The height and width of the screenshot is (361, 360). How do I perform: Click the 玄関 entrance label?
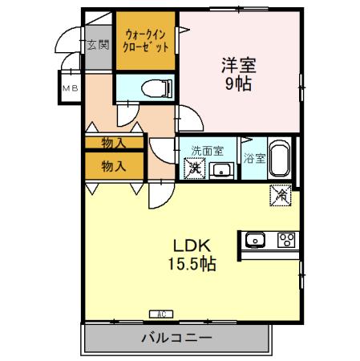[x=98, y=44]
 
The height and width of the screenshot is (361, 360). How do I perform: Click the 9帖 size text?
[x=238, y=84]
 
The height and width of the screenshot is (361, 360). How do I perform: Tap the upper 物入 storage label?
[x=114, y=143]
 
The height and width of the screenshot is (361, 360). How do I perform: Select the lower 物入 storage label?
[x=114, y=166]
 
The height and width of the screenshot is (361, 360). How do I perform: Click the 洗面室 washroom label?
[x=207, y=150]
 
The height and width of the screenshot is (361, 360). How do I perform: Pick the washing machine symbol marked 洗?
[x=193, y=169]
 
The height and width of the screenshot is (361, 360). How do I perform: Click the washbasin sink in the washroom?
[x=220, y=169]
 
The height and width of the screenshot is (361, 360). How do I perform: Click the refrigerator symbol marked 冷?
[x=281, y=193]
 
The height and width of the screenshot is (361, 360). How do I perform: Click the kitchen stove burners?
[x=286, y=239]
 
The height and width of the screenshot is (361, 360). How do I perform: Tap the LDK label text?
[x=190, y=245]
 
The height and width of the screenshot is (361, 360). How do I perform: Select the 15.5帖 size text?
[x=190, y=264]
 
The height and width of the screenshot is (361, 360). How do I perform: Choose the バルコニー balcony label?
[x=178, y=338]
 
